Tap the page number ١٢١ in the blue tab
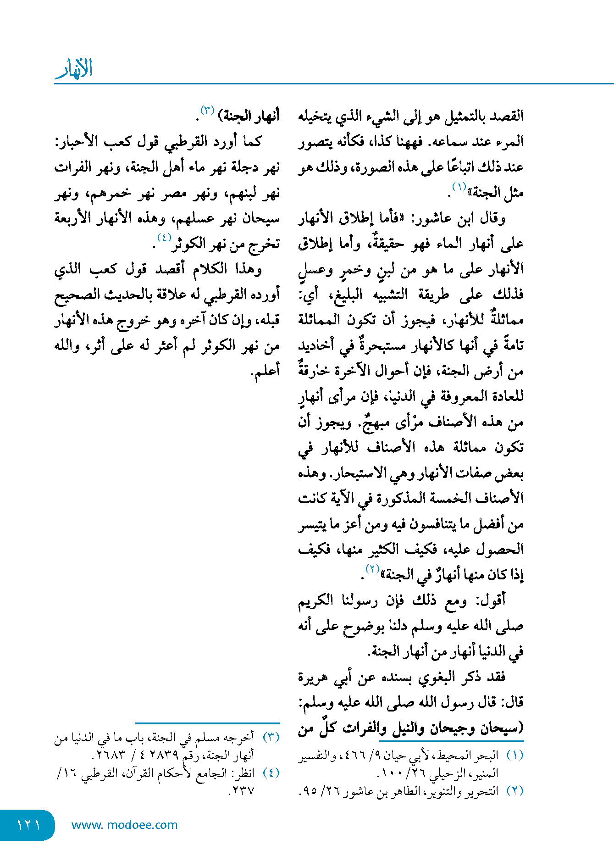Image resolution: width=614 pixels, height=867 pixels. [28, 825]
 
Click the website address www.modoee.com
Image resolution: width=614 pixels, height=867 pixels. [124, 825]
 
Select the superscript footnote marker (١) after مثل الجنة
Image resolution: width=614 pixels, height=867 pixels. [459, 187]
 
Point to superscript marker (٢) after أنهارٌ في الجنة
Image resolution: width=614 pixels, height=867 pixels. [372, 569]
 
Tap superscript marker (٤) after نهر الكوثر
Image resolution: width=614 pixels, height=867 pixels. [164, 238]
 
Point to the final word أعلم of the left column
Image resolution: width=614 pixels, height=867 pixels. [265, 371]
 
